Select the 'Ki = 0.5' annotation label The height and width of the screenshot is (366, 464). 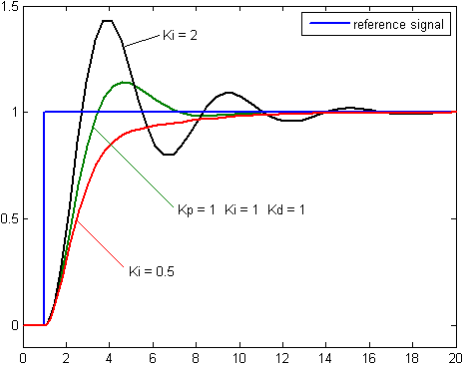coord(152,271)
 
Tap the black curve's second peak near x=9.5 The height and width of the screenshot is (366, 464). coord(229,93)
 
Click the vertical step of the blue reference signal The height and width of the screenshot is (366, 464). coord(44,219)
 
